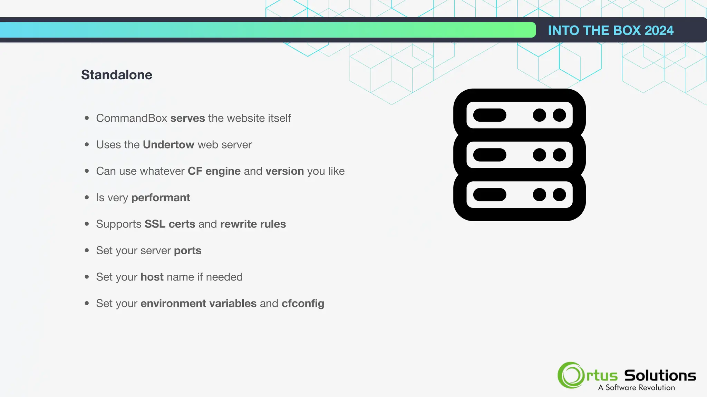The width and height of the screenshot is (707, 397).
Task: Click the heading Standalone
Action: point(117,75)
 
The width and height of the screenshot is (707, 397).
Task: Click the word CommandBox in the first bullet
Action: point(132,118)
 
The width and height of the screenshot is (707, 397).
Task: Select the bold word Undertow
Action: point(168,145)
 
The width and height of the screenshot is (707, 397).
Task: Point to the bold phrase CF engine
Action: point(214,171)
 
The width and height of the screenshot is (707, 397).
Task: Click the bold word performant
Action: point(161,198)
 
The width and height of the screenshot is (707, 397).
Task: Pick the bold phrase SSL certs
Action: point(170,224)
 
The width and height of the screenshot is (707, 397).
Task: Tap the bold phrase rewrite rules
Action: point(253,224)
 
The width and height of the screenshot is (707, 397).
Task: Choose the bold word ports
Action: point(187,251)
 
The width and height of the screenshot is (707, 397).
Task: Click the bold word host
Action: point(152,277)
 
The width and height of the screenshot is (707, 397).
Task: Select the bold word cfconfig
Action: point(303,304)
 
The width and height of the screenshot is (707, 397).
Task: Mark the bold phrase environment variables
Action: point(198,304)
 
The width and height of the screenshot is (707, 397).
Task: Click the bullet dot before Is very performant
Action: point(87,197)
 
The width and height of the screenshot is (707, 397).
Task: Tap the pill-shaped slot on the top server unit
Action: point(490,115)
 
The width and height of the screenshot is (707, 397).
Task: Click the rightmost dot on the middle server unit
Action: point(559,155)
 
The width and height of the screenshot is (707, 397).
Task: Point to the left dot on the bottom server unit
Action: point(539,195)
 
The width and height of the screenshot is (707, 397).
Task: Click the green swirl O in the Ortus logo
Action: point(571,375)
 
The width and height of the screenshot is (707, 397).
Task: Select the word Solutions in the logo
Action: point(660,375)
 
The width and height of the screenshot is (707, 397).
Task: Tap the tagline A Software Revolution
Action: point(636,388)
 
